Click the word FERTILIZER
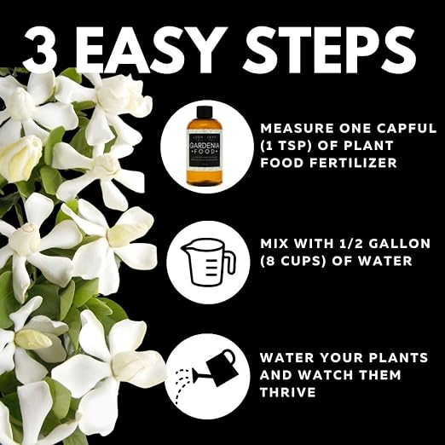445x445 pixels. pyautogui.click(x=347, y=162)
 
